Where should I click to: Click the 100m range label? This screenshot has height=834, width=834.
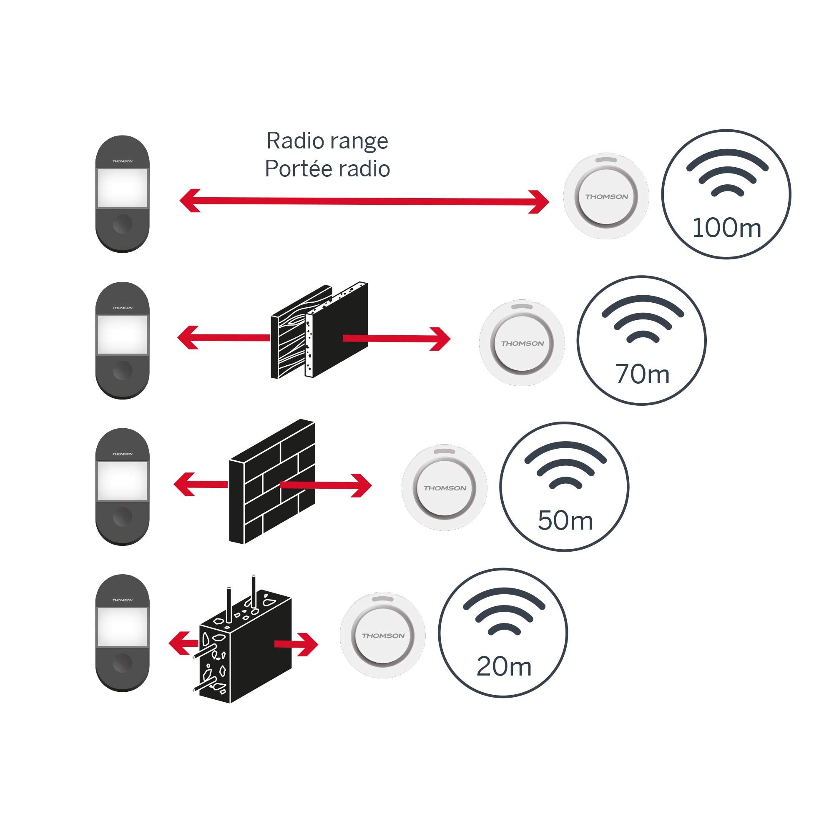[726, 228]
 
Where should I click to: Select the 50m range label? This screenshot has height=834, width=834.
[565, 520]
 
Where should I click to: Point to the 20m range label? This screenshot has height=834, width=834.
[504, 666]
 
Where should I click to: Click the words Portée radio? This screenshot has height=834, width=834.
[327, 168]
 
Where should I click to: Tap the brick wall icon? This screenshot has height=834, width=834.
[272, 482]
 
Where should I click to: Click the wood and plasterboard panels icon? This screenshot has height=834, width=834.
[319, 332]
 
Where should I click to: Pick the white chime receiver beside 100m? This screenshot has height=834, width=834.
[606, 196]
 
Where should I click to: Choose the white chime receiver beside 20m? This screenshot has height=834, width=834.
[383, 636]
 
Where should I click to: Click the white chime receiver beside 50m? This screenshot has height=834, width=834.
[445, 488]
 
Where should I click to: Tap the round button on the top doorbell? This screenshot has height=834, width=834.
[122, 224]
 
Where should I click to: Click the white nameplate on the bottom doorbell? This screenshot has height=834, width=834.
[122, 626]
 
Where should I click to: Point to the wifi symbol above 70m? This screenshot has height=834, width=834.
[642, 319]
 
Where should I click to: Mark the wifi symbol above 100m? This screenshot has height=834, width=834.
[727, 173]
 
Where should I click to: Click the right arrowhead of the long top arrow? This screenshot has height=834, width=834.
[540, 201]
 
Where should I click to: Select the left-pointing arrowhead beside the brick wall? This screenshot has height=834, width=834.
[184, 484]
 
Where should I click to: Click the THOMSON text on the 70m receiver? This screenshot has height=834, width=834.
[522, 344]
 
